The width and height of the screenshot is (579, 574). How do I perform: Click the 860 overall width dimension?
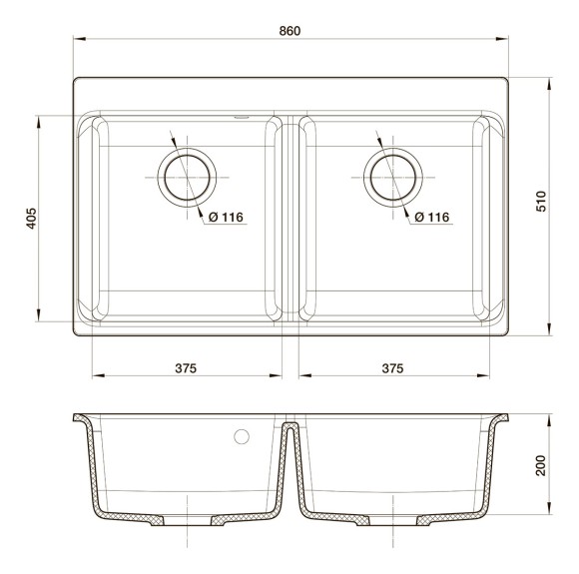tap(289, 31)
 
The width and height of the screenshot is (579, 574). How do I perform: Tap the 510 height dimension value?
tap(542, 204)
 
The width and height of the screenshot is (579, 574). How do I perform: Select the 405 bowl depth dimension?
tap(31, 220)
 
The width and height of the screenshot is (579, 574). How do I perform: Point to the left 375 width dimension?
tap(186, 368)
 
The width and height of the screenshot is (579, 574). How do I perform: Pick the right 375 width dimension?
tap(392, 368)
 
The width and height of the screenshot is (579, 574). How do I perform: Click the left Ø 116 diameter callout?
tap(227, 217)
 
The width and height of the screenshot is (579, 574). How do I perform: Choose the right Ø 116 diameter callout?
tap(430, 217)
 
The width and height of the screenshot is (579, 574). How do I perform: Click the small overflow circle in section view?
tap(240, 436)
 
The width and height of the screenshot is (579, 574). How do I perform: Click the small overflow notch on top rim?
tap(241, 116)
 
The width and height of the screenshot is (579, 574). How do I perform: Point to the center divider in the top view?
tap(288, 220)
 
